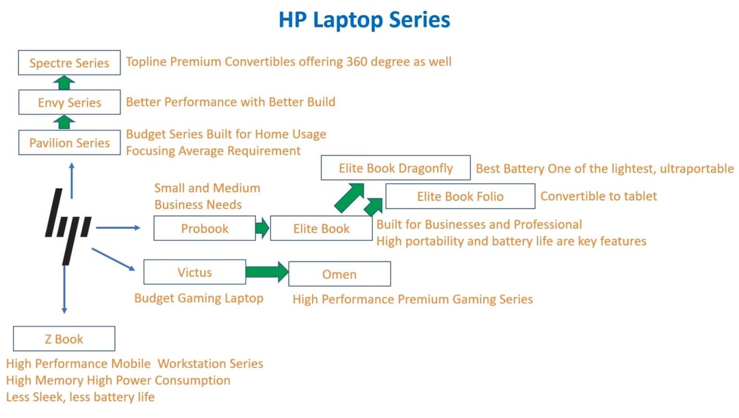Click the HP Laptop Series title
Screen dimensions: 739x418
pos(364,21)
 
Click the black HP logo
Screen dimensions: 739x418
pos(68,226)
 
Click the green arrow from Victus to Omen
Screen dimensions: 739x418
pos(267,272)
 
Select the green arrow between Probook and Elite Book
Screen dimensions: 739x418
pos(262,228)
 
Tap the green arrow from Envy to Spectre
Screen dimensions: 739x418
pos(64,83)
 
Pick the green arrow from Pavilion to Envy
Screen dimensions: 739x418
pos(64,122)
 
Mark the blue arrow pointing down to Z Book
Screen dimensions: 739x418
pos(64,289)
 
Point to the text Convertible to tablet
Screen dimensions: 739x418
pos(599,196)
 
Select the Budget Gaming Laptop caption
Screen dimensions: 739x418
pos(199,298)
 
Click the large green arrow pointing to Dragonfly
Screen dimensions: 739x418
pos(350,198)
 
